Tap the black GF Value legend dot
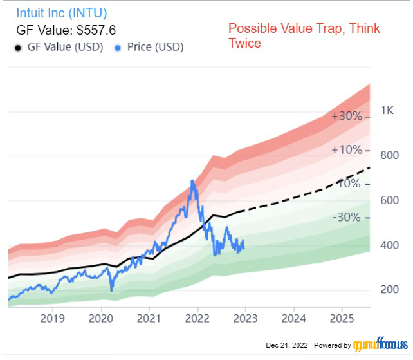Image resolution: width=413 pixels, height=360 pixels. click(17, 47)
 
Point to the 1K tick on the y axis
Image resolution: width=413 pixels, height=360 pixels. click(387, 110)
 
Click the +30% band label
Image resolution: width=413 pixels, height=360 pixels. click(346, 117)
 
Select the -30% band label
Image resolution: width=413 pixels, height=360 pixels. click(346, 217)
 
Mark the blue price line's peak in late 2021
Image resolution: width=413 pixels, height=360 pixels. click(192, 182)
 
